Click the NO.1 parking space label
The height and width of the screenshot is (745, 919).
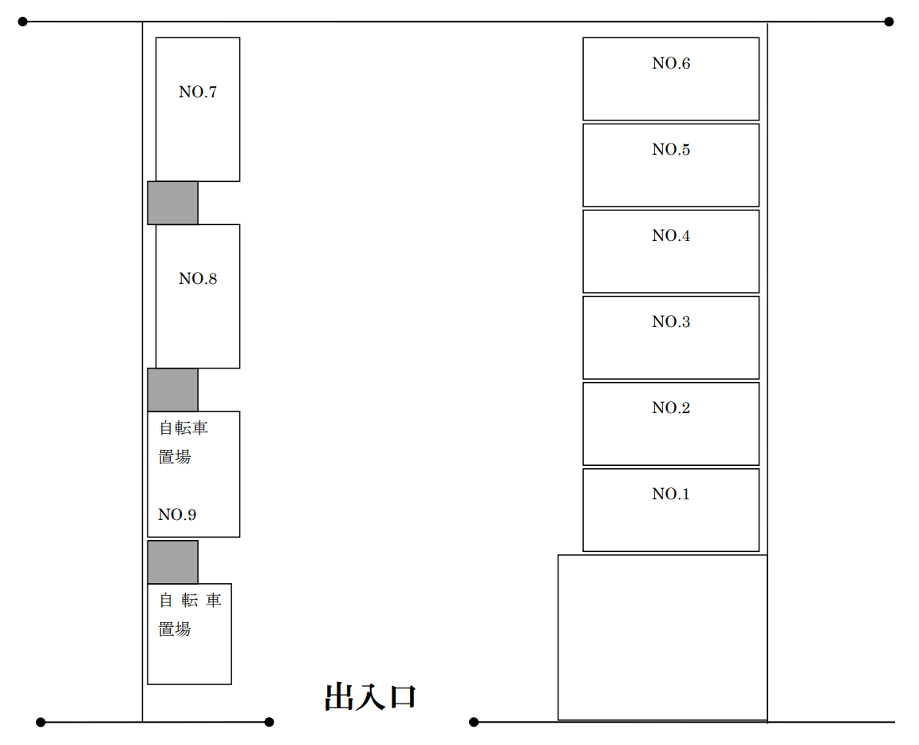click(x=670, y=495)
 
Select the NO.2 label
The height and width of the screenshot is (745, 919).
click(x=670, y=408)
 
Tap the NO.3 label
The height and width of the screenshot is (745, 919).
click(x=670, y=322)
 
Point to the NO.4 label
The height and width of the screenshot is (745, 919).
click(x=670, y=236)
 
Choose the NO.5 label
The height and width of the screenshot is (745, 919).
click(x=670, y=150)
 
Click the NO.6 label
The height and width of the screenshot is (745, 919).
click(x=670, y=64)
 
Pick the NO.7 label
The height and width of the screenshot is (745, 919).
click(x=198, y=93)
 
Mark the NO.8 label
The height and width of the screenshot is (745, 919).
click(x=198, y=279)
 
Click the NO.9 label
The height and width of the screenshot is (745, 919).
click(x=177, y=515)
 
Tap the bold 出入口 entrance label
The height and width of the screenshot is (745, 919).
click(x=371, y=697)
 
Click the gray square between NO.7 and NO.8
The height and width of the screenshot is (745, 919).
click(x=172, y=203)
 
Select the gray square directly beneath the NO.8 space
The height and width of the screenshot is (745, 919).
click(x=172, y=389)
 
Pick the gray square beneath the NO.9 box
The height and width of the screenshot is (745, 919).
click(x=172, y=562)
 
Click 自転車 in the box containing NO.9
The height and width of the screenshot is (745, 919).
click(x=183, y=428)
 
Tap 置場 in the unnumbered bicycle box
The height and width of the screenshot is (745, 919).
click(x=175, y=629)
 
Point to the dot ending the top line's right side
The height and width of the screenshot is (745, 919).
click(x=889, y=22)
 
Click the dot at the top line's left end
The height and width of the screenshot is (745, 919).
click(x=22, y=22)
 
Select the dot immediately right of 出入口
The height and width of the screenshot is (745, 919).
click(x=474, y=722)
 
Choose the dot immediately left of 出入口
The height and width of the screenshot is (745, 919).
click(x=269, y=722)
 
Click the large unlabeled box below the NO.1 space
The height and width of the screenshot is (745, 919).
click(x=662, y=637)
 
